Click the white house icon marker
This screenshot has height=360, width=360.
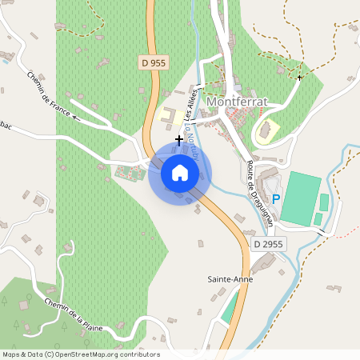point(180,172)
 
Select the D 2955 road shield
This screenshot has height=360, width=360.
point(267,243)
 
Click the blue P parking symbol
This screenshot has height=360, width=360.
point(276,198)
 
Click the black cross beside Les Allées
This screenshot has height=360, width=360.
point(178,138)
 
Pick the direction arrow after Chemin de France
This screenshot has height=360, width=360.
point(77,117)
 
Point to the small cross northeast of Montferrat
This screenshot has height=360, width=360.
point(300,78)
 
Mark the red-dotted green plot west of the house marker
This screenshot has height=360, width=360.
point(128,171)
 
